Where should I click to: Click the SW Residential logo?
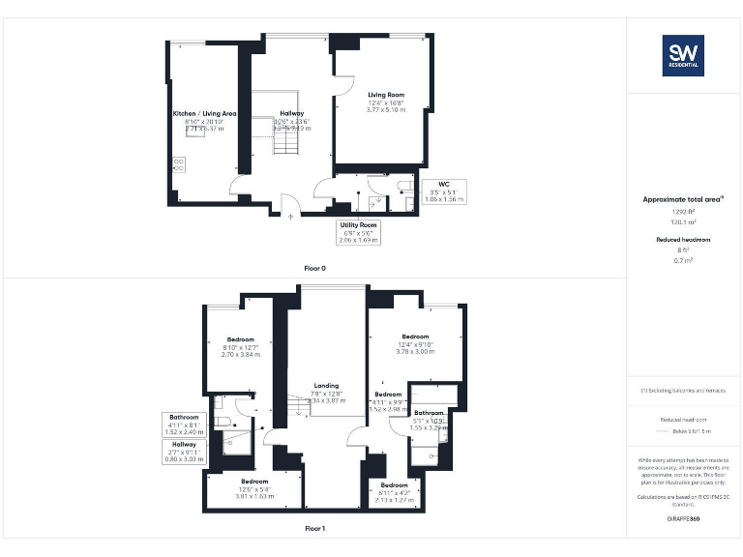pyautogui.click(x=683, y=55)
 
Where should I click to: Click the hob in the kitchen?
pyautogui.click(x=179, y=163)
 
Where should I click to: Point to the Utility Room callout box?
pyautogui.click(x=358, y=232)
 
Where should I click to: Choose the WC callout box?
pyautogui.click(x=444, y=191)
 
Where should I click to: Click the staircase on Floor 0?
pyautogui.click(x=288, y=145)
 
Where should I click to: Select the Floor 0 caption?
pyautogui.click(x=314, y=268)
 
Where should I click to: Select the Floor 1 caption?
pyautogui.click(x=314, y=529)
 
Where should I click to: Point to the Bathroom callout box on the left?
pyautogui.click(x=183, y=425)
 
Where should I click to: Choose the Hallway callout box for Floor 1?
pyautogui.click(x=183, y=452)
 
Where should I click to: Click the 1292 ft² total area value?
pyautogui.click(x=683, y=210)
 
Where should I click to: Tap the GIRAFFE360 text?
pyautogui.click(x=683, y=519)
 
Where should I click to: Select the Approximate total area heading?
pyautogui.click(x=683, y=199)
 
